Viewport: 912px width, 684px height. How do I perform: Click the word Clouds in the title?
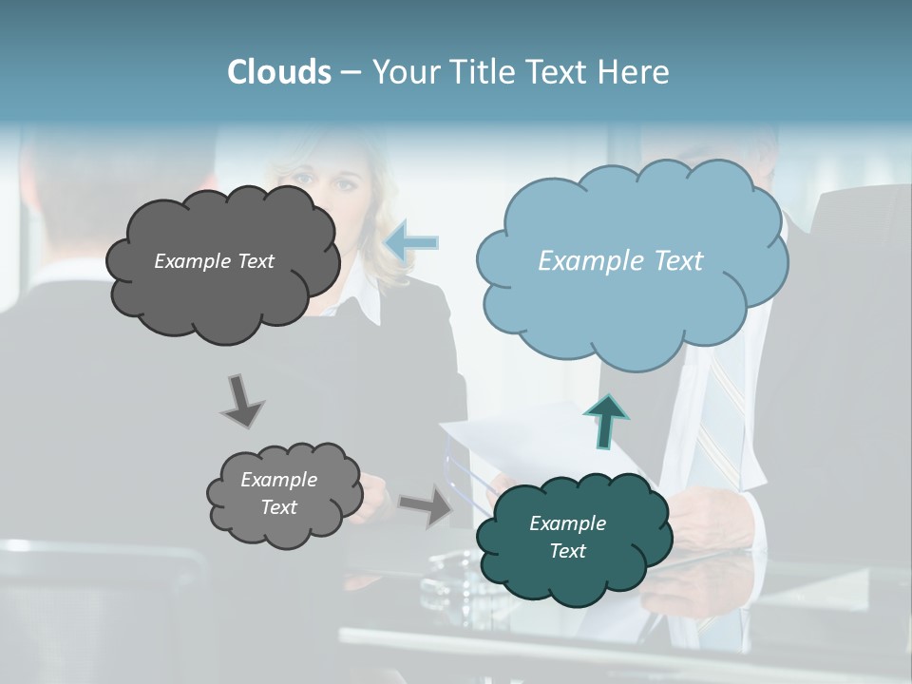(278, 72)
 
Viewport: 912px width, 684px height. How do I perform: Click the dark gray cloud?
(224, 304)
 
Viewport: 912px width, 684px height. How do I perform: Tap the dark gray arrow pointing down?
(241, 401)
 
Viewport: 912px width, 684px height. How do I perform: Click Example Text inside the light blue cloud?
(620, 261)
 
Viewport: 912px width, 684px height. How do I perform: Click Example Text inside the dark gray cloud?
(214, 261)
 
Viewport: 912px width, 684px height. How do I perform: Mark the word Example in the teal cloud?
(567, 523)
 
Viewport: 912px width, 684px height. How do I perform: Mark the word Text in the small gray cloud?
(279, 507)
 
